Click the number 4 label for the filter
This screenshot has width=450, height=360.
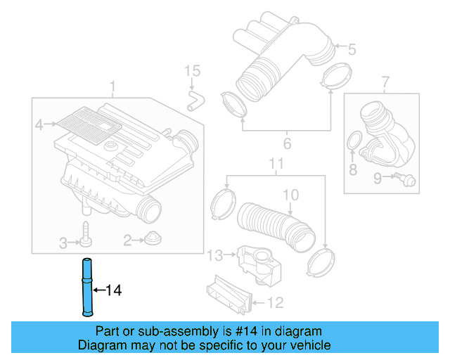(40, 124)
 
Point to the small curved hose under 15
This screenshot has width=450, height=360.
(193, 99)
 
